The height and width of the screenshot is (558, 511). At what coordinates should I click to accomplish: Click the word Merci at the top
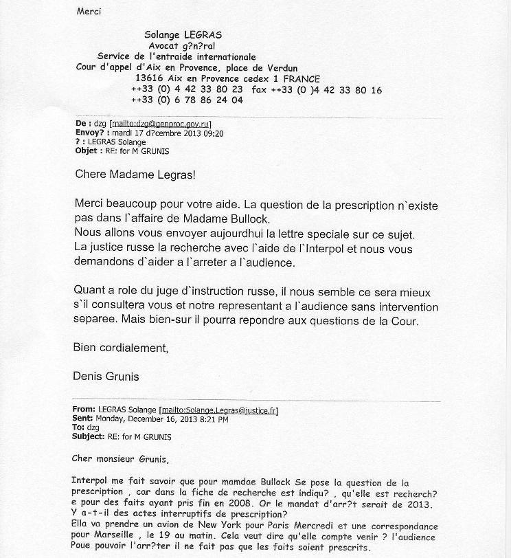pos(89,12)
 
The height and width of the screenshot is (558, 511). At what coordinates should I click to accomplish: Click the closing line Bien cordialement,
pos(120,348)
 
